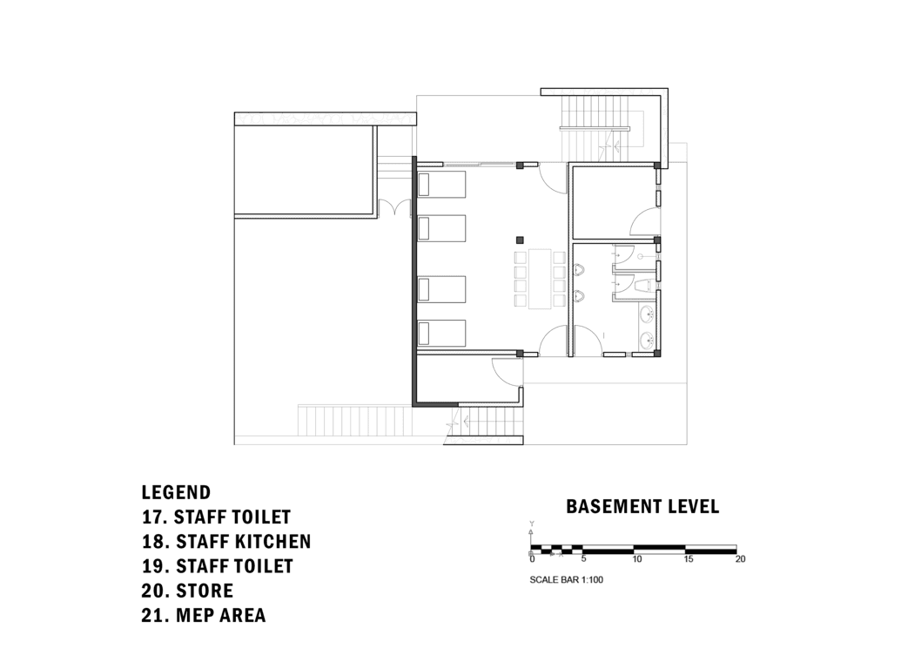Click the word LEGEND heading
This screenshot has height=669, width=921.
[176, 493]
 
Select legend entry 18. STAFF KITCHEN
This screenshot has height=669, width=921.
[225, 542]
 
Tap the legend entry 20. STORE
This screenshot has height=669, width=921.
[187, 591]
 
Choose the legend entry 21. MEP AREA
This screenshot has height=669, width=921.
[203, 616]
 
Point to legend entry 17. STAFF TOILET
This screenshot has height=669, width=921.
[216, 517]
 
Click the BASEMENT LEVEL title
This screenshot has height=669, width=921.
[642, 506]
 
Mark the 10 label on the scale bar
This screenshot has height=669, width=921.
[637, 559]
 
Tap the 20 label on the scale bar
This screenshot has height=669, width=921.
[740, 559]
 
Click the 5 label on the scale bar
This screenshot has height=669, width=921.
[583, 559]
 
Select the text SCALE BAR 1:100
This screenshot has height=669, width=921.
[567, 578]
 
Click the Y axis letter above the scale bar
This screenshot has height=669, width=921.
[531, 524]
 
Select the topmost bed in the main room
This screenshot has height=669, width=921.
[441, 185]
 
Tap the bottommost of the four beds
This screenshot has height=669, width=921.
[441, 334]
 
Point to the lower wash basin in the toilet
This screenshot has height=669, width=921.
[645, 340]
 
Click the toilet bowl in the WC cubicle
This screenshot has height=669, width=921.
[645, 286]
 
